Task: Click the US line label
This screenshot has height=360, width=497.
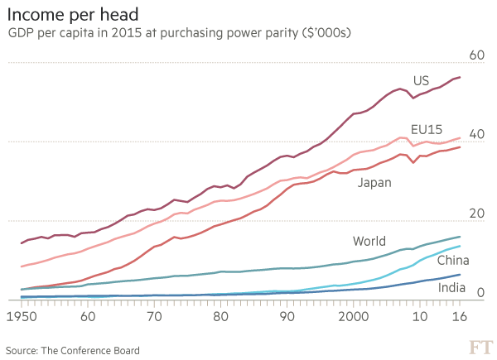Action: pyautogui.click(x=421, y=80)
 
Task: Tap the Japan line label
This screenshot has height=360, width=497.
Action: pyautogui.click(x=374, y=182)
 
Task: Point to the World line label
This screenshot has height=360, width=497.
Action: pyautogui.click(x=369, y=242)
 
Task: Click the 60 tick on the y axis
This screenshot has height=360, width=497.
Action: pyautogui.click(x=475, y=55)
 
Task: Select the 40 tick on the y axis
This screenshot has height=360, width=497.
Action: pyautogui.click(x=475, y=133)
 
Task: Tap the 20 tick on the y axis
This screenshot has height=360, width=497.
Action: pyautogui.click(x=475, y=213)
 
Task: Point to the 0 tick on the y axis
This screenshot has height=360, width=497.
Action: pyautogui.click(x=480, y=291)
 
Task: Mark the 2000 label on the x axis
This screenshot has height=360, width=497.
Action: pyautogui.click(x=354, y=316)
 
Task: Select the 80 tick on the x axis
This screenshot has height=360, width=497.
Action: pyautogui.click(x=220, y=316)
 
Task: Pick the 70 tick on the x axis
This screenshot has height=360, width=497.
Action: pyautogui.click(x=153, y=316)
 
